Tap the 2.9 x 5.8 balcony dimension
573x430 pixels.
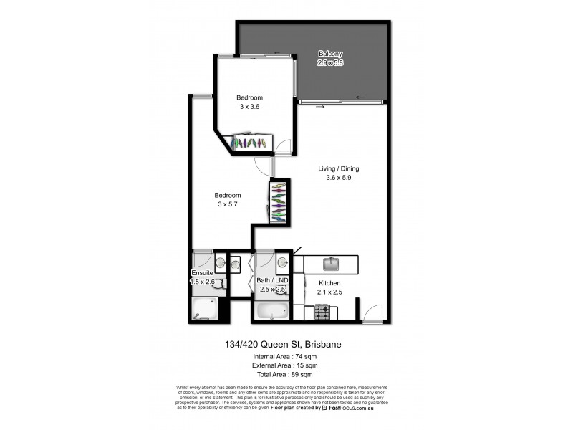331,63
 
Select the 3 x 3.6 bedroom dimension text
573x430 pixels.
249,106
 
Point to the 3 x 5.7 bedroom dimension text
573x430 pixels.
228,204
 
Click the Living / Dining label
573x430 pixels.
339,169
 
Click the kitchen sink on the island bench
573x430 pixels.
332,265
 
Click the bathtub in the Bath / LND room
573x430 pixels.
272,311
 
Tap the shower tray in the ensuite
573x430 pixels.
206,310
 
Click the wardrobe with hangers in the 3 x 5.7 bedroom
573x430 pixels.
279,202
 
